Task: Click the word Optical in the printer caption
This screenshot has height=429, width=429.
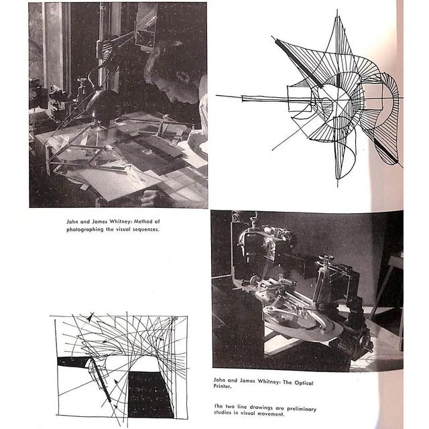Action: (x=304, y=383)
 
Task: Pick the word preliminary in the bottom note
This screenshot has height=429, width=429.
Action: (x=302, y=409)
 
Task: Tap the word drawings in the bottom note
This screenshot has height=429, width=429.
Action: (x=260, y=408)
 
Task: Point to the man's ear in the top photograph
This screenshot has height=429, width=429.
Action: (x=183, y=77)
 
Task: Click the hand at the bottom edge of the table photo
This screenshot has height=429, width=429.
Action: (x=149, y=198)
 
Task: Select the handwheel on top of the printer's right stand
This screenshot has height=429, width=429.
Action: (x=326, y=257)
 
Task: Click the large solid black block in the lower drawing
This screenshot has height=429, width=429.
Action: (x=149, y=395)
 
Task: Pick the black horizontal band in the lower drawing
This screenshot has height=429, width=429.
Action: (x=73, y=361)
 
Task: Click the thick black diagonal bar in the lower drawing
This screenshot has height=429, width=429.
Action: (x=101, y=381)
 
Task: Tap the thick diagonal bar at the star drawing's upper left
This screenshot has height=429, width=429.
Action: (x=299, y=63)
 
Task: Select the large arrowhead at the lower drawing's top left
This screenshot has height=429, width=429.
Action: (x=90, y=317)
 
